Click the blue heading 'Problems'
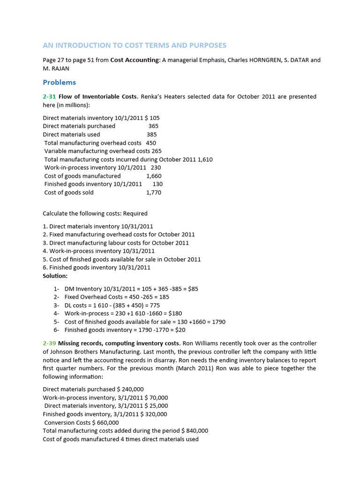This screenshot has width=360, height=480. pos(59,82)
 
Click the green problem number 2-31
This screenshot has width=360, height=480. pos(49,97)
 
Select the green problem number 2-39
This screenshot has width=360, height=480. pos(49,343)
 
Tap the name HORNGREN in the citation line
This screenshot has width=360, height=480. pos(255,60)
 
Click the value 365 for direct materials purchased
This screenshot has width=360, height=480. pos(153,126)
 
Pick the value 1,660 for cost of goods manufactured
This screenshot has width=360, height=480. pos(154,176)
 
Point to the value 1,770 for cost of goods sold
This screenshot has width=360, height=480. pos(154,192)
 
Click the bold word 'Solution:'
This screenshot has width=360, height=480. pos(55,276)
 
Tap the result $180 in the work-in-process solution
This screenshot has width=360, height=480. pos(174,313)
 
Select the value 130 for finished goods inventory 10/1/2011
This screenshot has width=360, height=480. pos(157,184)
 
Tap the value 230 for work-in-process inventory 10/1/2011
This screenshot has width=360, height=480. pos(156,167)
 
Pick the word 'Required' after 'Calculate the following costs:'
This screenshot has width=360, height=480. pos(135,213)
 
